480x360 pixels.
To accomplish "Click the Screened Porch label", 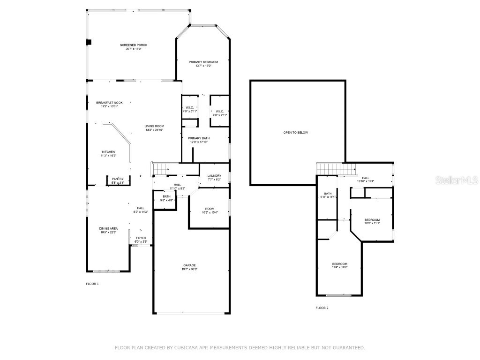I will click(x=134, y=45).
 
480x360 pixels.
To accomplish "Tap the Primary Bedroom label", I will click(x=203, y=62).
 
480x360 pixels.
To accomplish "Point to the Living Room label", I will click(x=154, y=126).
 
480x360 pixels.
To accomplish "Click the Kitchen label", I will click(x=108, y=152).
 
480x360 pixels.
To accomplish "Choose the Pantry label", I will click(x=118, y=179).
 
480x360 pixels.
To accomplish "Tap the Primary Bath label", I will click(x=199, y=138).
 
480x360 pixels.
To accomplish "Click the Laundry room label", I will click(x=214, y=176).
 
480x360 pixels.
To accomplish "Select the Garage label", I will click(x=189, y=265).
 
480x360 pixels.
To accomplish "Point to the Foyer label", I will click(x=141, y=238).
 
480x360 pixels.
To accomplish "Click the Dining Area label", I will click(x=108, y=228).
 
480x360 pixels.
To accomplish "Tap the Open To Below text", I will click(x=296, y=133).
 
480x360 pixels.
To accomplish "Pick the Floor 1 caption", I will click(x=92, y=284).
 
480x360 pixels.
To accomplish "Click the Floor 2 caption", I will click(x=322, y=308).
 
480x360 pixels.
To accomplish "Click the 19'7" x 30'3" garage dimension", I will click(x=189, y=269).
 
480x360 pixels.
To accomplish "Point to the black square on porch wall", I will click(x=88, y=42).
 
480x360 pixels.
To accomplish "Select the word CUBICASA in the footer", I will click(x=194, y=348).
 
